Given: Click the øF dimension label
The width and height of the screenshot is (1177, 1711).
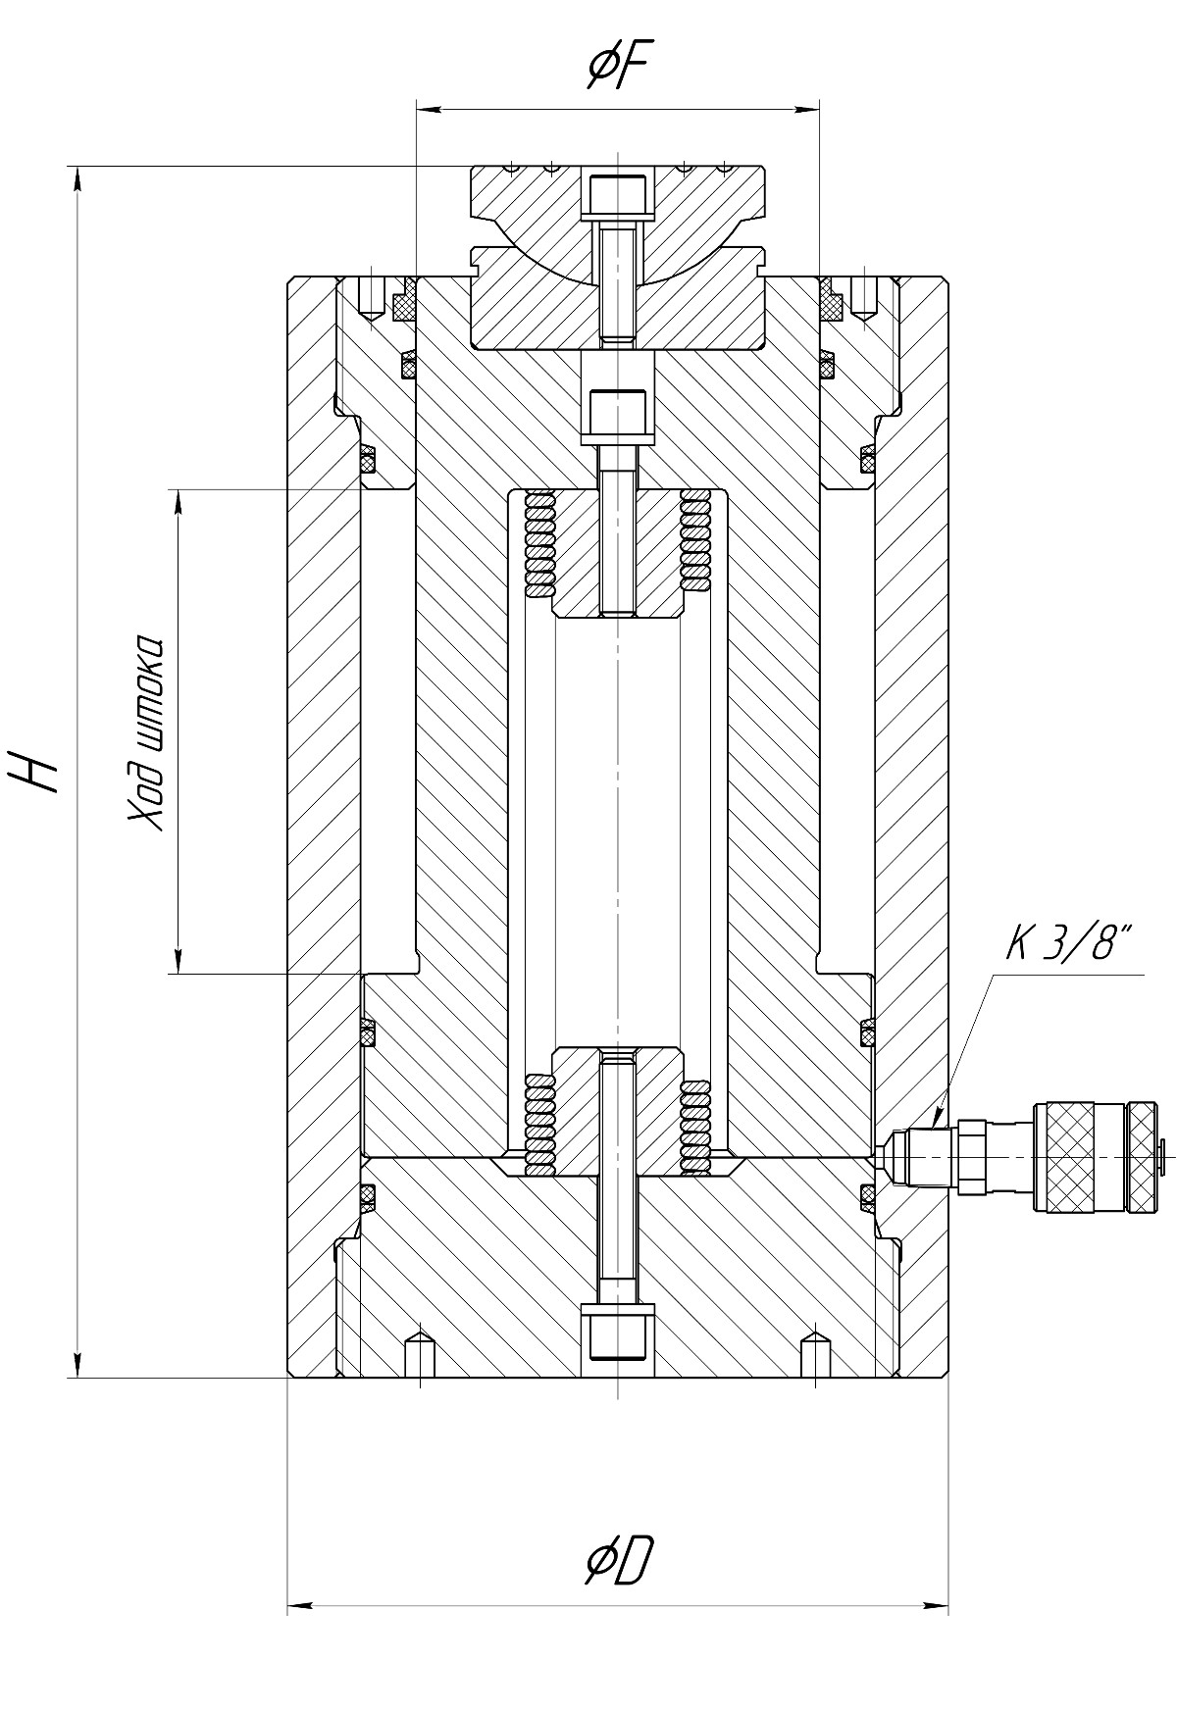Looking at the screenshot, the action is point(616,67).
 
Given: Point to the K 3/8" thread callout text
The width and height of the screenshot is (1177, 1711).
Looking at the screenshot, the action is point(1067,947).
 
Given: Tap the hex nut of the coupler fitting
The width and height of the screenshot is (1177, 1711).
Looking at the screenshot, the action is point(972,1158).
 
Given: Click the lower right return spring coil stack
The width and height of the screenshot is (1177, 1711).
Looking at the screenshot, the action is point(694,1127).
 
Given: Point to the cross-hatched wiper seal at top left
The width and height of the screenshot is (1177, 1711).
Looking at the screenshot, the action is point(404,303).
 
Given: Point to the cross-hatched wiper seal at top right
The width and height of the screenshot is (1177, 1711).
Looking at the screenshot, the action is point(832,303).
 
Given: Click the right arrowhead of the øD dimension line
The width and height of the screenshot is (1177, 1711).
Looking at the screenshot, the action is point(937,1605).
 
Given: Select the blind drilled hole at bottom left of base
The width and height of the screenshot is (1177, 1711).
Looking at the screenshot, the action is point(420,1354).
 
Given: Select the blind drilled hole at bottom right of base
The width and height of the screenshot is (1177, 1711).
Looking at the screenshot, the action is point(814,1354).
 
